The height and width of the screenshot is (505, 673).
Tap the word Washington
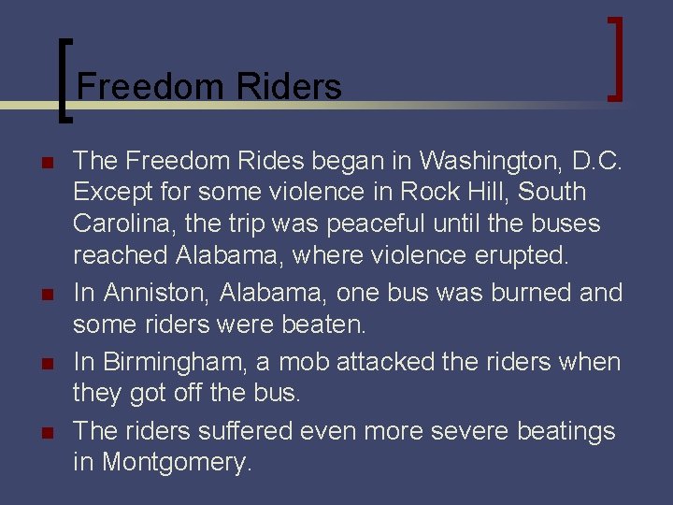tap(486, 161)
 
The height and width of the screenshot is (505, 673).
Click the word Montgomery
tap(177, 462)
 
